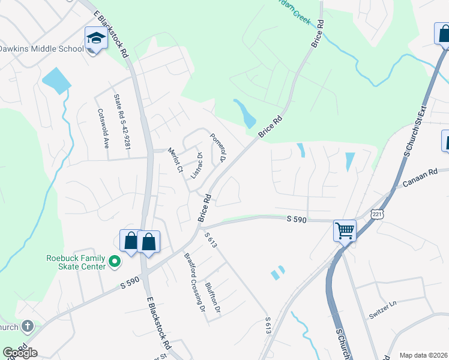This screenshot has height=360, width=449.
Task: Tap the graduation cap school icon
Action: click(x=95, y=39)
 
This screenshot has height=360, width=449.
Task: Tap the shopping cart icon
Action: click(x=345, y=230)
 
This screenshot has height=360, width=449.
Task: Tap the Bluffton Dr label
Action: click(x=213, y=298)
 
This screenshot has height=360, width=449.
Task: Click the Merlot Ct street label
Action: click(x=175, y=161)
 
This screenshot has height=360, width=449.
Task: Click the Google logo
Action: click(x=20, y=353)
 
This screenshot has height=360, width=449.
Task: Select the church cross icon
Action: click(x=27, y=327)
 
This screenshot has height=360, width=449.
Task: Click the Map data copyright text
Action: click(x=423, y=355)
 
